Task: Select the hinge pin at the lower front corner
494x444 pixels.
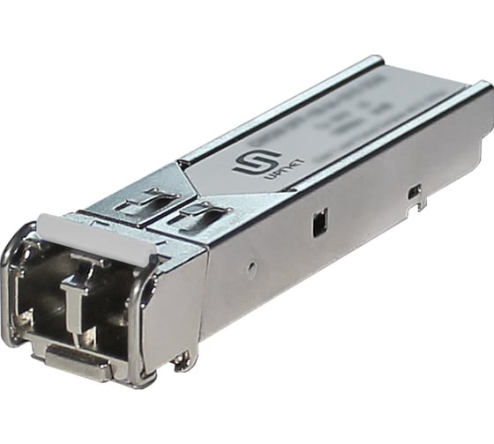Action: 182,359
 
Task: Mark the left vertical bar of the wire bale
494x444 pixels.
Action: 11,291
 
